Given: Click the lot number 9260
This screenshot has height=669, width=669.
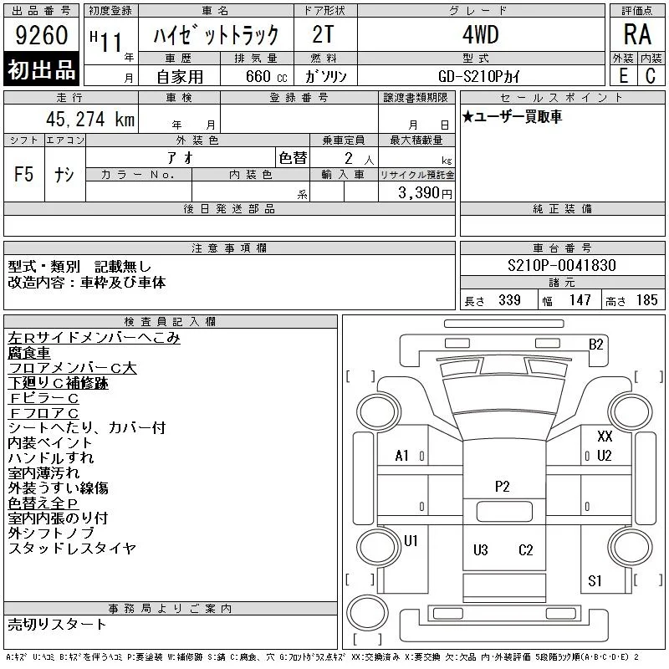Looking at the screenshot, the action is pos(41,35).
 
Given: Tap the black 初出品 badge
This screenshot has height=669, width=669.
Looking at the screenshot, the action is pos(41,69).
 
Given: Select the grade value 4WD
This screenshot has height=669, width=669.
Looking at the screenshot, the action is pos(481,34).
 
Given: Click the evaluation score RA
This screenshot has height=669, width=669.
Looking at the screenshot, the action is pos(637,34).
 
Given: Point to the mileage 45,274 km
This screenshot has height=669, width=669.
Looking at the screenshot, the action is pos(90,119).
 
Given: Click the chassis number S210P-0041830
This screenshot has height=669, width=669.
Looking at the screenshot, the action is pos(562,265).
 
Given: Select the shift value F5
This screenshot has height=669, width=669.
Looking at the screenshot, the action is pos(23,174).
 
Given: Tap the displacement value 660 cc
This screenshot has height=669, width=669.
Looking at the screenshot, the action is pos(266,77).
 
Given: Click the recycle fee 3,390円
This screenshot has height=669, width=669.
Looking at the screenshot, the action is pos(425,193).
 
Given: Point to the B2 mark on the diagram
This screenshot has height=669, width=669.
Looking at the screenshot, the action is pos(596,345).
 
